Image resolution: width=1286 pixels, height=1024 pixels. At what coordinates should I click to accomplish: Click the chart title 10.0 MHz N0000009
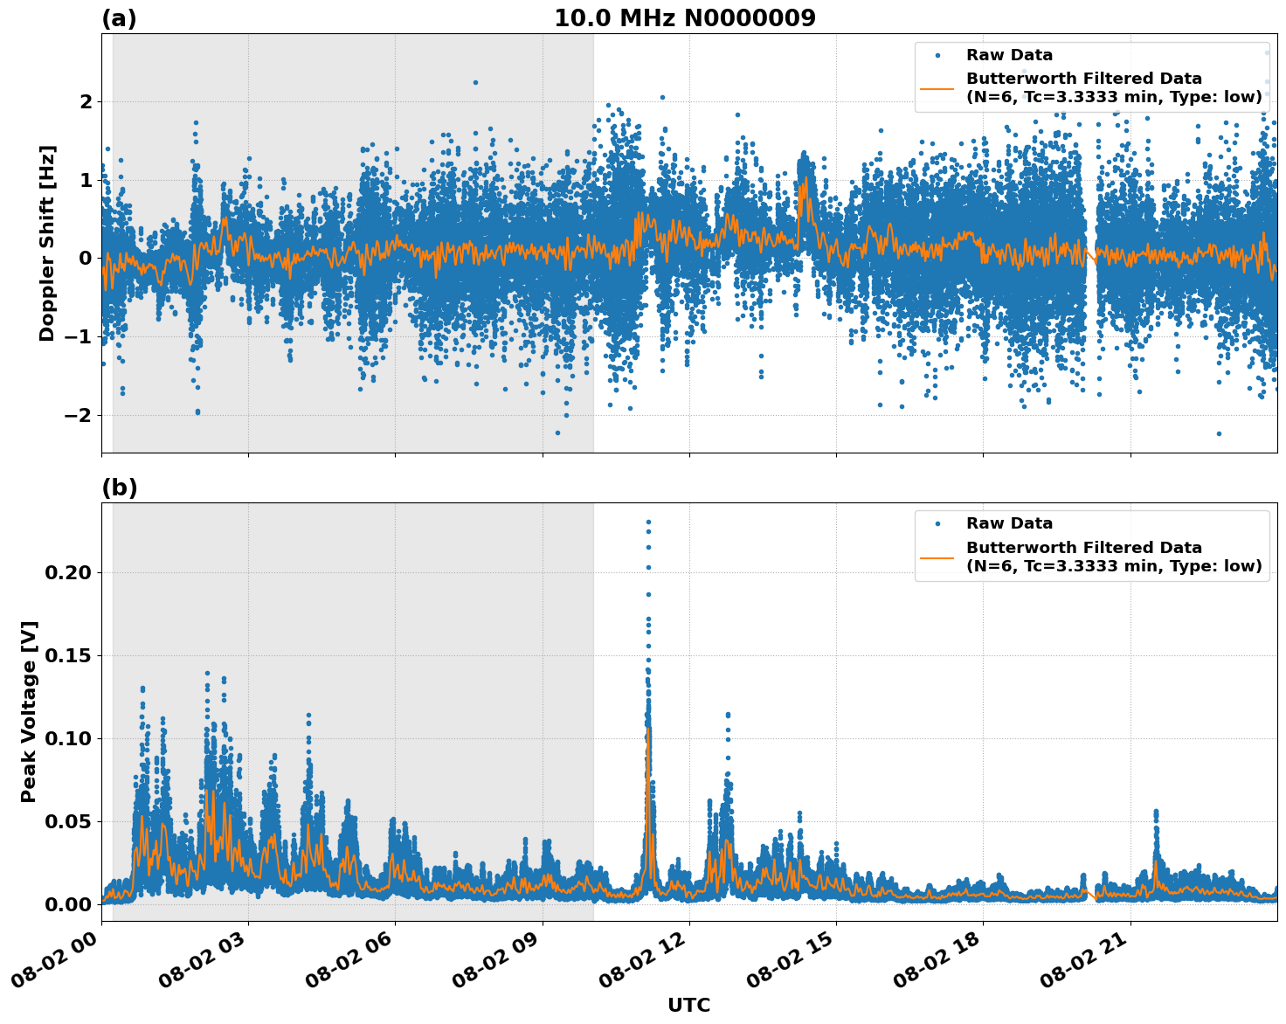(x=685, y=18)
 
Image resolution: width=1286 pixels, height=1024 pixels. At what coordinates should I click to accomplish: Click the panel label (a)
(x=119, y=18)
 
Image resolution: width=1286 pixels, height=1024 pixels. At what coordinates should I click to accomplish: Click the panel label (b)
(x=119, y=488)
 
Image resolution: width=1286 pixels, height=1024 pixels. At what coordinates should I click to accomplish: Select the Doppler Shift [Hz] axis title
(x=47, y=243)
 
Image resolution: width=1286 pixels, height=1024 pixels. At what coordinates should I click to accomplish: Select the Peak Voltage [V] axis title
(x=29, y=711)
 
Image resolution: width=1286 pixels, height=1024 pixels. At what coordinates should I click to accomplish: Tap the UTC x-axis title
(x=688, y=1005)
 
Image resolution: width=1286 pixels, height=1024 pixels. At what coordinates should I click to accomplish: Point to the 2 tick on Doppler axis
(x=86, y=102)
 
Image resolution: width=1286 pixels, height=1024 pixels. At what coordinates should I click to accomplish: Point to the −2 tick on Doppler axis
(x=78, y=415)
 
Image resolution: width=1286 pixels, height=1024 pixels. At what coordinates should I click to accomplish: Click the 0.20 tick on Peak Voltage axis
(x=68, y=573)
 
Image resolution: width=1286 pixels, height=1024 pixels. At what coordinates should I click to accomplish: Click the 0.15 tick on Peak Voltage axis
(x=68, y=656)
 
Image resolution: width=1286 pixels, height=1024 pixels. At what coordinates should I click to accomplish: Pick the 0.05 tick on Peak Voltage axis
(x=68, y=822)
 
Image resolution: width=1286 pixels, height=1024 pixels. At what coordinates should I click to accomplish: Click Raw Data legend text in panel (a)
(x=1009, y=56)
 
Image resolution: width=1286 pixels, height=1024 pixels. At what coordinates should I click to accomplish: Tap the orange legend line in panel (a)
(x=937, y=87)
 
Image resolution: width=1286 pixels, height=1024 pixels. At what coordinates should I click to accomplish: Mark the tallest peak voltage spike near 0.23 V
(x=648, y=522)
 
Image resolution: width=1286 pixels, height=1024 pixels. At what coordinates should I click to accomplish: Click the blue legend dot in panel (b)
(x=937, y=524)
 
